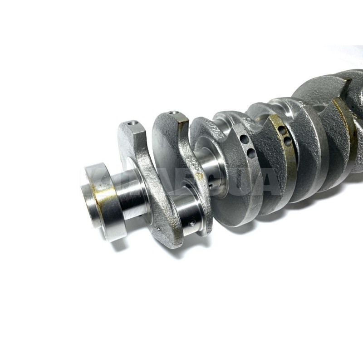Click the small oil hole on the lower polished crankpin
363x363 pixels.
192,222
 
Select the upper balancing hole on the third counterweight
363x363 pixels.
244,138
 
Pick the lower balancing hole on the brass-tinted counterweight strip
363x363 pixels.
287,142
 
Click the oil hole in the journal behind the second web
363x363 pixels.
210,186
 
